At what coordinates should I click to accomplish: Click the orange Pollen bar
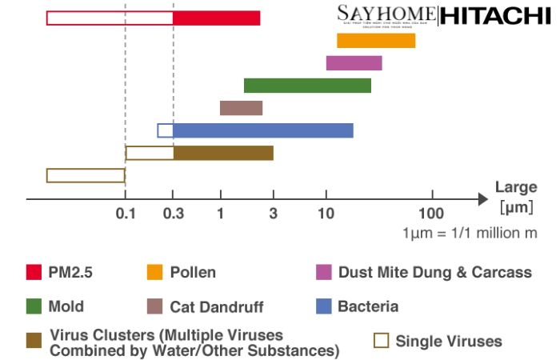point(376,41)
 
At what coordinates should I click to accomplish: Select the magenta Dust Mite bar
point(354,63)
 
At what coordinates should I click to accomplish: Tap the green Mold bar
point(307,86)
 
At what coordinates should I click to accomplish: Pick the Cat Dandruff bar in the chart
point(241,108)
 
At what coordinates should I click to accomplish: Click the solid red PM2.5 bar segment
point(217,18)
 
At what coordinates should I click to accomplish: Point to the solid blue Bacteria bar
point(263,130)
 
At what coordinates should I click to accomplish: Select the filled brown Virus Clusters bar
point(223,153)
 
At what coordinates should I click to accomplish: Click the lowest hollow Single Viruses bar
point(86,175)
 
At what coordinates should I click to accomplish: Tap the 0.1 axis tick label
point(126,213)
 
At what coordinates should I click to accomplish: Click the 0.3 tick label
point(174,213)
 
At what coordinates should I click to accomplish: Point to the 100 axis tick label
point(431,213)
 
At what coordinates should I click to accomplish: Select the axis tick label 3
point(273,213)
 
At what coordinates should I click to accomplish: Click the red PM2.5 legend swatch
point(34,272)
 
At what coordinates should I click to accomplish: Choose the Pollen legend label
point(193,272)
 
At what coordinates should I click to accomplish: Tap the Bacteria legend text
point(368,306)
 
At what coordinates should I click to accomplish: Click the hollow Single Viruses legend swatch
point(382,341)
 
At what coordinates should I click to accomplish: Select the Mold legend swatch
point(34,306)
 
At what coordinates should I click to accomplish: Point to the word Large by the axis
point(516,188)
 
